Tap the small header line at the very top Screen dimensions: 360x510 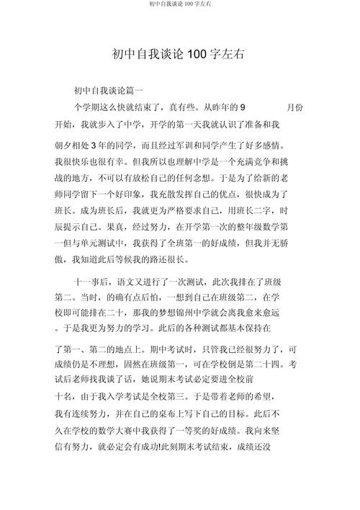coord(180,4)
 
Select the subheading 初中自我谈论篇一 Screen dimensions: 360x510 coord(109,91)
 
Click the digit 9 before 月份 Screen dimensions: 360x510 coord(243,107)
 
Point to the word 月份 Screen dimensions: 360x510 coord(294,107)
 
